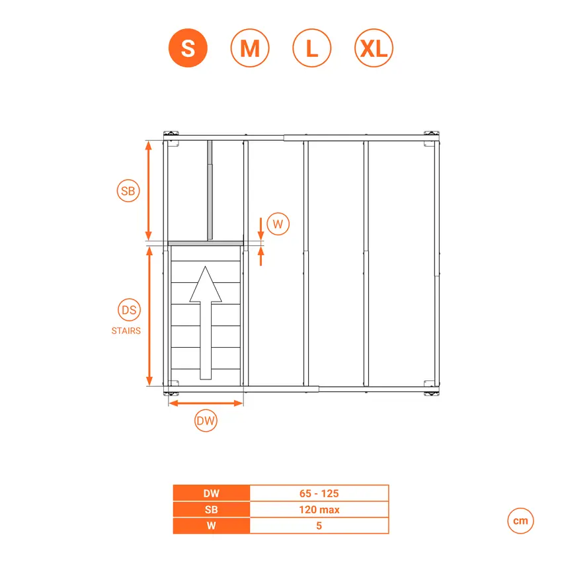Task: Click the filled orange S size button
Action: [188, 48]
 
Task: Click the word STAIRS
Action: [126, 331]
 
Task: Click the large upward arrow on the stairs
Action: [206, 323]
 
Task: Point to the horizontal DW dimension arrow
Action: [206, 403]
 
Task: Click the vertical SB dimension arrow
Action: [149, 190]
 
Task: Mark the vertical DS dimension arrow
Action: [149, 316]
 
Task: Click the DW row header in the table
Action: [212, 493]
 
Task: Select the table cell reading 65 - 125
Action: [319, 493]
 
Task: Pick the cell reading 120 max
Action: [319, 509]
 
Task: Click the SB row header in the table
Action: [212, 509]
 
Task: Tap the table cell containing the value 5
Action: [319, 526]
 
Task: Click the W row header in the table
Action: [212, 526]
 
